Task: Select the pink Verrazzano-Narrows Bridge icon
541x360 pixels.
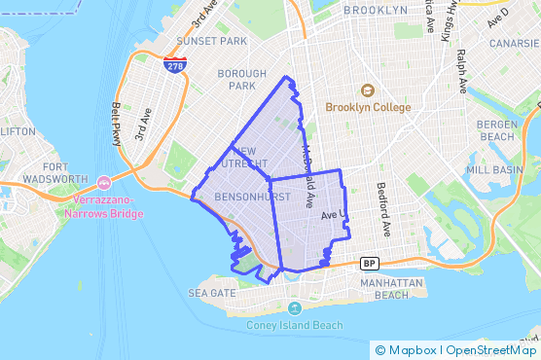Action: coord(104,182)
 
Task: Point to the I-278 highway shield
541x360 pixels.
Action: coord(175,66)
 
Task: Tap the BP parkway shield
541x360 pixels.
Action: coord(369,263)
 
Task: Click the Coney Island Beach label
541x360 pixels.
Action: coord(294,325)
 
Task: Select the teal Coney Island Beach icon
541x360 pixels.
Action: coord(294,308)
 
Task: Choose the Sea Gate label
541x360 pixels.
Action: coord(211,292)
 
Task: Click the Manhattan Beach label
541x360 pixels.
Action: coord(384,288)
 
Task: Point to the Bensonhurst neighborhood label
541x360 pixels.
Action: coord(231,198)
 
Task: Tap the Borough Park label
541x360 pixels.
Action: coord(242,80)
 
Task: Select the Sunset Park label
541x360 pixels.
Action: coord(211,42)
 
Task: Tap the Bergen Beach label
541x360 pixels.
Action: coord(496,130)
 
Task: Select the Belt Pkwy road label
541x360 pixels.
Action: coord(117,122)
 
